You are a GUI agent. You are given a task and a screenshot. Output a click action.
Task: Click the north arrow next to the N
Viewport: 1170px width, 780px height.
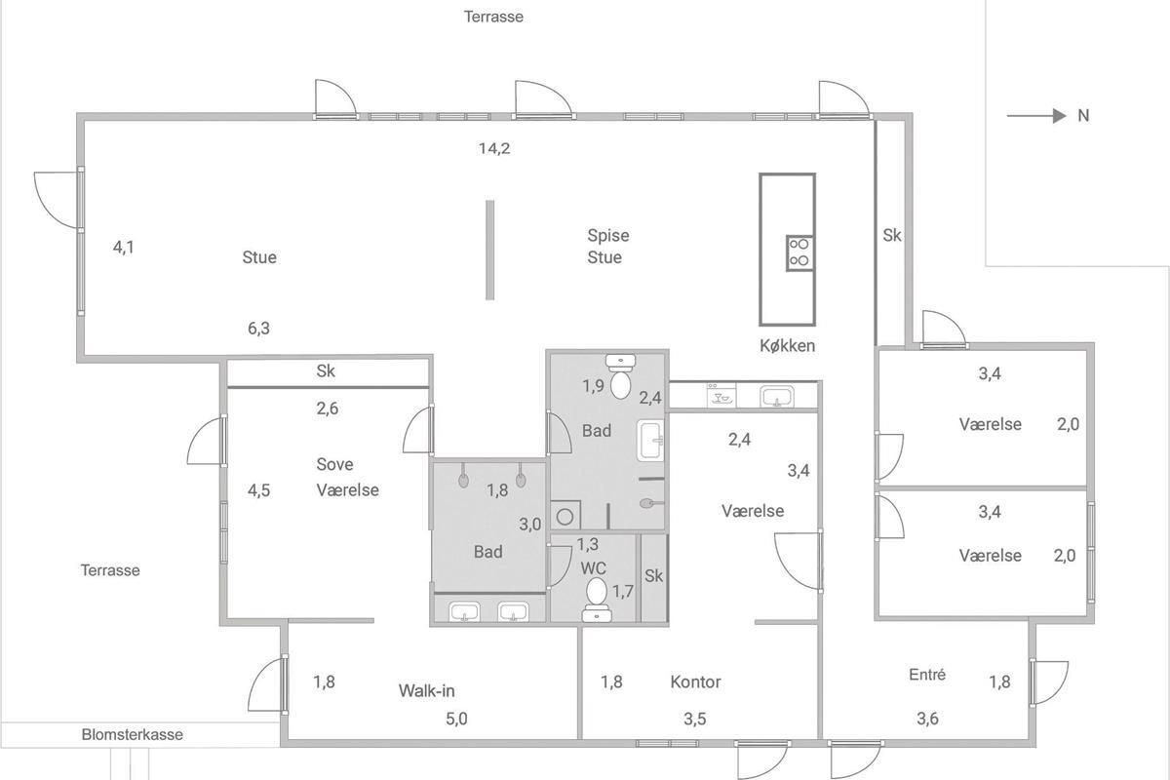click(x=1036, y=115)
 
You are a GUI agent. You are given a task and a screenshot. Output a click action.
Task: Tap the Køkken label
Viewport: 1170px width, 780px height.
click(x=787, y=346)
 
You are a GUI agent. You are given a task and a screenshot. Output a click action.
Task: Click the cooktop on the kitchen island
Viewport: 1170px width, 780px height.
click(x=799, y=253)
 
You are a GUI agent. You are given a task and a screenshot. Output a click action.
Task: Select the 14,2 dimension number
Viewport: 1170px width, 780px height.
click(x=494, y=149)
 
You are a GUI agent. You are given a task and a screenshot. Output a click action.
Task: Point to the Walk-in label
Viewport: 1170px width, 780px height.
click(x=426, y=690)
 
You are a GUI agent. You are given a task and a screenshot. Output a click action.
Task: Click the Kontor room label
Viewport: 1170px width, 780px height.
click(x=695, y=682)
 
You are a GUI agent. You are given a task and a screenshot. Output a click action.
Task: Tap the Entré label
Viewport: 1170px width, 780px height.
click(x=927, y=675)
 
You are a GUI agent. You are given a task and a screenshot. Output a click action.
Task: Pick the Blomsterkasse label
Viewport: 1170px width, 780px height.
click(x=133, y=734)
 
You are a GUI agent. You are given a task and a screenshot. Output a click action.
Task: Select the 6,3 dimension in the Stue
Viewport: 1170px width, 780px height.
click(x=258, y=329)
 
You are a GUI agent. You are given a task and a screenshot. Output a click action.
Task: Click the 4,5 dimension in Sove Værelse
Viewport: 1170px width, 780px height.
click(x=258, y=490)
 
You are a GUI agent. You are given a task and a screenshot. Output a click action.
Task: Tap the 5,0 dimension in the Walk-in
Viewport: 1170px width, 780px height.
click(x=456, y=719)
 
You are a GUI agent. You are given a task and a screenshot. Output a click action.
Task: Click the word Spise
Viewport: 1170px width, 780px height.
click(x=608, y=236)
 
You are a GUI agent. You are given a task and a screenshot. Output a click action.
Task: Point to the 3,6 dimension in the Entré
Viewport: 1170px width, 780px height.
click(x=927, y=719)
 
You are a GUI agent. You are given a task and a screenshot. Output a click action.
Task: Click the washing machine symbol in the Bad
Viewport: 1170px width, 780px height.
click(x=565, y=516)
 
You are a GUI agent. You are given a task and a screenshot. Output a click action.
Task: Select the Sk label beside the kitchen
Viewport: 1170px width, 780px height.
click(x=892, y=236)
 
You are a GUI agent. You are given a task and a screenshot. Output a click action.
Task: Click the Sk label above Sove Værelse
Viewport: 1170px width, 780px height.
click(x=326, y=370)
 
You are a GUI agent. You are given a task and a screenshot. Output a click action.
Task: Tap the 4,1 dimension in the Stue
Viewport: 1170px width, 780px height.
click(x=124, y=247)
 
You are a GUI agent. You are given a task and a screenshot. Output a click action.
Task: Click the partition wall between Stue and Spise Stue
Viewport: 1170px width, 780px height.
click(x=489, y=251)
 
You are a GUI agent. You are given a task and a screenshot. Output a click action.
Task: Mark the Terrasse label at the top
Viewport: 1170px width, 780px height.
click(x=493, y=17)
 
